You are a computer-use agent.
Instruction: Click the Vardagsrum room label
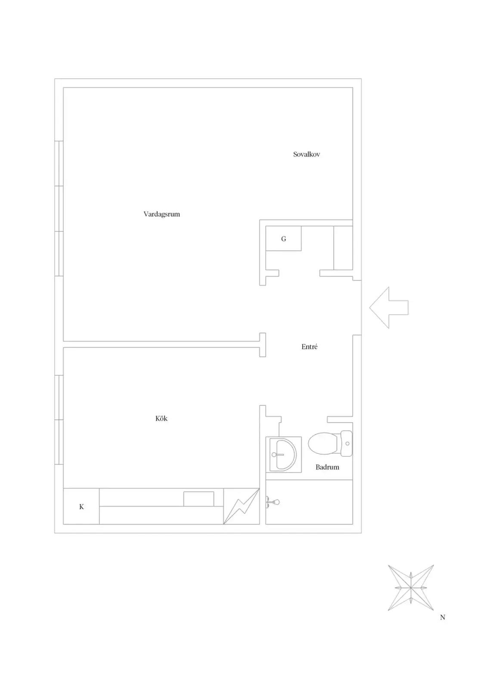(x=161, y=214)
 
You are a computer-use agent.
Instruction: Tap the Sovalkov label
(x=307, y=154)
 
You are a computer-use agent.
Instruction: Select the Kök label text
(x=161, y=418)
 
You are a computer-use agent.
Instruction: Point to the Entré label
(x=309, y=347)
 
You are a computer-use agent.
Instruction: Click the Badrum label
(x=327, y=467)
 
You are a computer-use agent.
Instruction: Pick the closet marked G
(x=283, y=238)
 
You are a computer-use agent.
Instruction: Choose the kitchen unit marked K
(x=81, y=506)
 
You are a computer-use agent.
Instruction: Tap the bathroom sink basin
(x=283, y=454)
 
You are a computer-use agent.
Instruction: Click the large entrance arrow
(x=389, y=307)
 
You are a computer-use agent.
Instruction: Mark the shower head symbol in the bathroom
(x=273, y=503)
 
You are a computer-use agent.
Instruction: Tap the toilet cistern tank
(x=346, y=443)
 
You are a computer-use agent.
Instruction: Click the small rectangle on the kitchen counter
(x=199, y=499)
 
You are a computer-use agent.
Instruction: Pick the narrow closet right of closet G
(x=343, y=248)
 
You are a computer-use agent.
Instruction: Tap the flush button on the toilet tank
(x=347, y=443)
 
